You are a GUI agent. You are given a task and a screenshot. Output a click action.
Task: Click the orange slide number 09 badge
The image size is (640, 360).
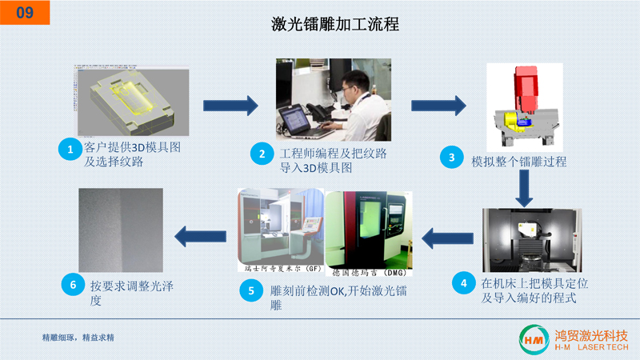(24, 12)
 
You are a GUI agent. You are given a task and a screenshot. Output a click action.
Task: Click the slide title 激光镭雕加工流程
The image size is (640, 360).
(335, 25)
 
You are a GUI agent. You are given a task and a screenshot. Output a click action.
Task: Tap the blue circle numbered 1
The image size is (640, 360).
(70, 149)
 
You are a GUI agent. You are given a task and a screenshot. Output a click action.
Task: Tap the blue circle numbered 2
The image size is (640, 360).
(260, 154)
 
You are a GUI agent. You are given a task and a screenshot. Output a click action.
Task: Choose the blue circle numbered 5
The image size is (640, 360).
(251, 290)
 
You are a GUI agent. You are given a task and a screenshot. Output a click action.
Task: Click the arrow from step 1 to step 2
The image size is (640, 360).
(231, 105)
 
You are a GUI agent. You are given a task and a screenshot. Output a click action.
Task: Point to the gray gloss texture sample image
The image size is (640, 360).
(121, 230)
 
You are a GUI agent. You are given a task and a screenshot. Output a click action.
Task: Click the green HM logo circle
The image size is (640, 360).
(532, 338)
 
